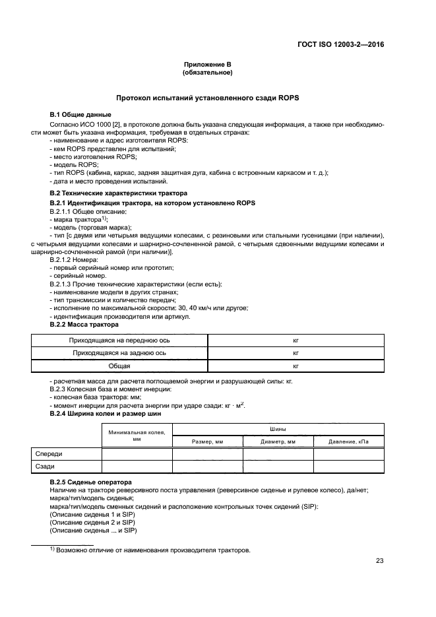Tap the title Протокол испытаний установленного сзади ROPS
207,98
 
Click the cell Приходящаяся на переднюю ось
119,341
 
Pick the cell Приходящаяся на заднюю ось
119,353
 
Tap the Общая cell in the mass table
119,365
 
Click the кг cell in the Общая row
296,365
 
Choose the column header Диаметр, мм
278,441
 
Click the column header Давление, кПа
348,441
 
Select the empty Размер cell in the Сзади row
208,467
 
